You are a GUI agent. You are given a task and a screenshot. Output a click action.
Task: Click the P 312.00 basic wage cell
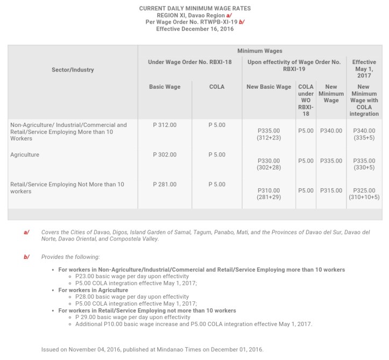pyautogui.click(x=165, y=125)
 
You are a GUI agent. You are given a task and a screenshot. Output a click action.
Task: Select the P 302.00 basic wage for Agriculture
pyautogui.click(x=165, y=154)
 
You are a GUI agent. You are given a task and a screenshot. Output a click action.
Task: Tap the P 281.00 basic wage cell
pyautogui.click(x=165, y=184)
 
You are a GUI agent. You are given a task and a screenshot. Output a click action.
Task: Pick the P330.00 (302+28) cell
pyautogui.click(x=269, y=164)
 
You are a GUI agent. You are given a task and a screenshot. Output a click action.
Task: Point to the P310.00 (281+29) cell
pyautogui.click(x=269, y=194)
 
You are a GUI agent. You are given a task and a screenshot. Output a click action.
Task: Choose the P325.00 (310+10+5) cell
pyautogui.click(x=364, y=194)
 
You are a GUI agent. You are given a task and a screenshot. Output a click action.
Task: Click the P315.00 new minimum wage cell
pyautogui.click(x=331, y=190)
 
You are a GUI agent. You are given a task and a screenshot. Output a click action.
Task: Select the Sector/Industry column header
pyautogui.click(x=73, y=69)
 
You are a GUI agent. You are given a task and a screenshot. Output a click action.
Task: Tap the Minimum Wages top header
pyautogui.click(x=259, y=50)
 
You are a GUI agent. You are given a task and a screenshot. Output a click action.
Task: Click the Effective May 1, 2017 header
pyautogui.click(x=364, y=69)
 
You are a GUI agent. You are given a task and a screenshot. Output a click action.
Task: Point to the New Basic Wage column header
pyautogui.click(x=269, y=87)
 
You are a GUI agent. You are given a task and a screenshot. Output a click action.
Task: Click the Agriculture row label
pyautogui.click(x=25, y=154)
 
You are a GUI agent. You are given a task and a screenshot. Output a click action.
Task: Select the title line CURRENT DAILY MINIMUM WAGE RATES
pyautogui.click(x=195, y=9)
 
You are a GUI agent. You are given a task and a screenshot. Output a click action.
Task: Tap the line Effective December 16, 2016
pyautogui.click(x=195, y=29)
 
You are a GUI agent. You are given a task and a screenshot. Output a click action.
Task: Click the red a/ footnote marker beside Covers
pyautogui.click(x=26, y=232)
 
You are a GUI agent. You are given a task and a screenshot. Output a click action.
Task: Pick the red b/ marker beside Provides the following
pyautogui.click(x=26, y=257)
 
